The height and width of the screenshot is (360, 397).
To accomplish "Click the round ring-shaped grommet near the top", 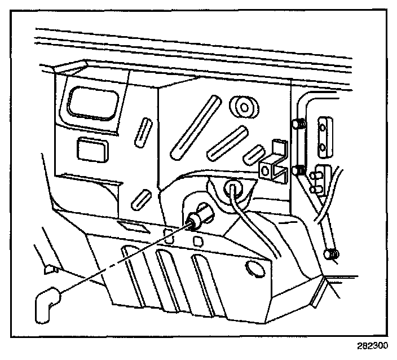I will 244,106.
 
